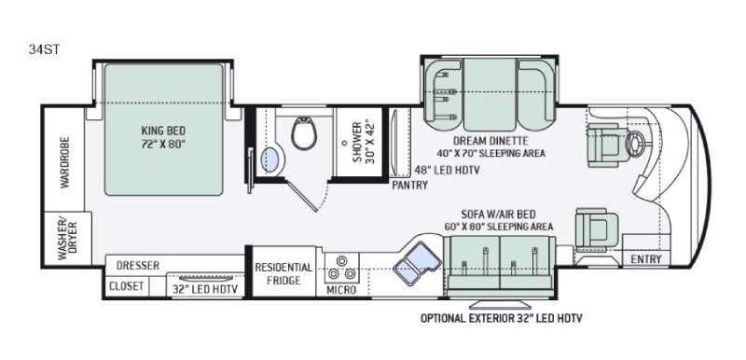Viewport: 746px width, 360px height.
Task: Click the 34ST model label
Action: [x=44, y=49]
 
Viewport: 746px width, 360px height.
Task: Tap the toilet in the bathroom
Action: [x=304, y=133]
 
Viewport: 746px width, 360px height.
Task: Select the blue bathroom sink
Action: [x=269, y=159]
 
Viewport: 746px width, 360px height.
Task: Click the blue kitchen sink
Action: [x=416, y=263]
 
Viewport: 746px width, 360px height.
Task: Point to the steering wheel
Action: [x=636, y=141]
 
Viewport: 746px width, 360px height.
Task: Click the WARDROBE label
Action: [x=64, y=162]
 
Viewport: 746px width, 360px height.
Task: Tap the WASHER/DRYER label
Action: [x=67, y=238]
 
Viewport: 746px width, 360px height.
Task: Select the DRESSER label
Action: [x=138, y=266]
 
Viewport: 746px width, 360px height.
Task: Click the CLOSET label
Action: [x=126, y=286]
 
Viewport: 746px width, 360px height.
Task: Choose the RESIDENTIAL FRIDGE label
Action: [x=283, y=273]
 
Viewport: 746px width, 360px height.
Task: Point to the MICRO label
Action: [x=341, y=290]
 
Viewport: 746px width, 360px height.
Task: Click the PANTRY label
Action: [x=409, y=185]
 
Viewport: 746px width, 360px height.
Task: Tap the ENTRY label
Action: [x=646, y=259]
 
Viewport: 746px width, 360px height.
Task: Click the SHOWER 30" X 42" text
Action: [x=365, y=142]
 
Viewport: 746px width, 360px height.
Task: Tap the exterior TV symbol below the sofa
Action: [x=501, y=304]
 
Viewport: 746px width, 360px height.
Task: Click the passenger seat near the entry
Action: [x=597, y=229]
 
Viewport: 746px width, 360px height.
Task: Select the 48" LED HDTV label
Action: [x=446, y=170]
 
